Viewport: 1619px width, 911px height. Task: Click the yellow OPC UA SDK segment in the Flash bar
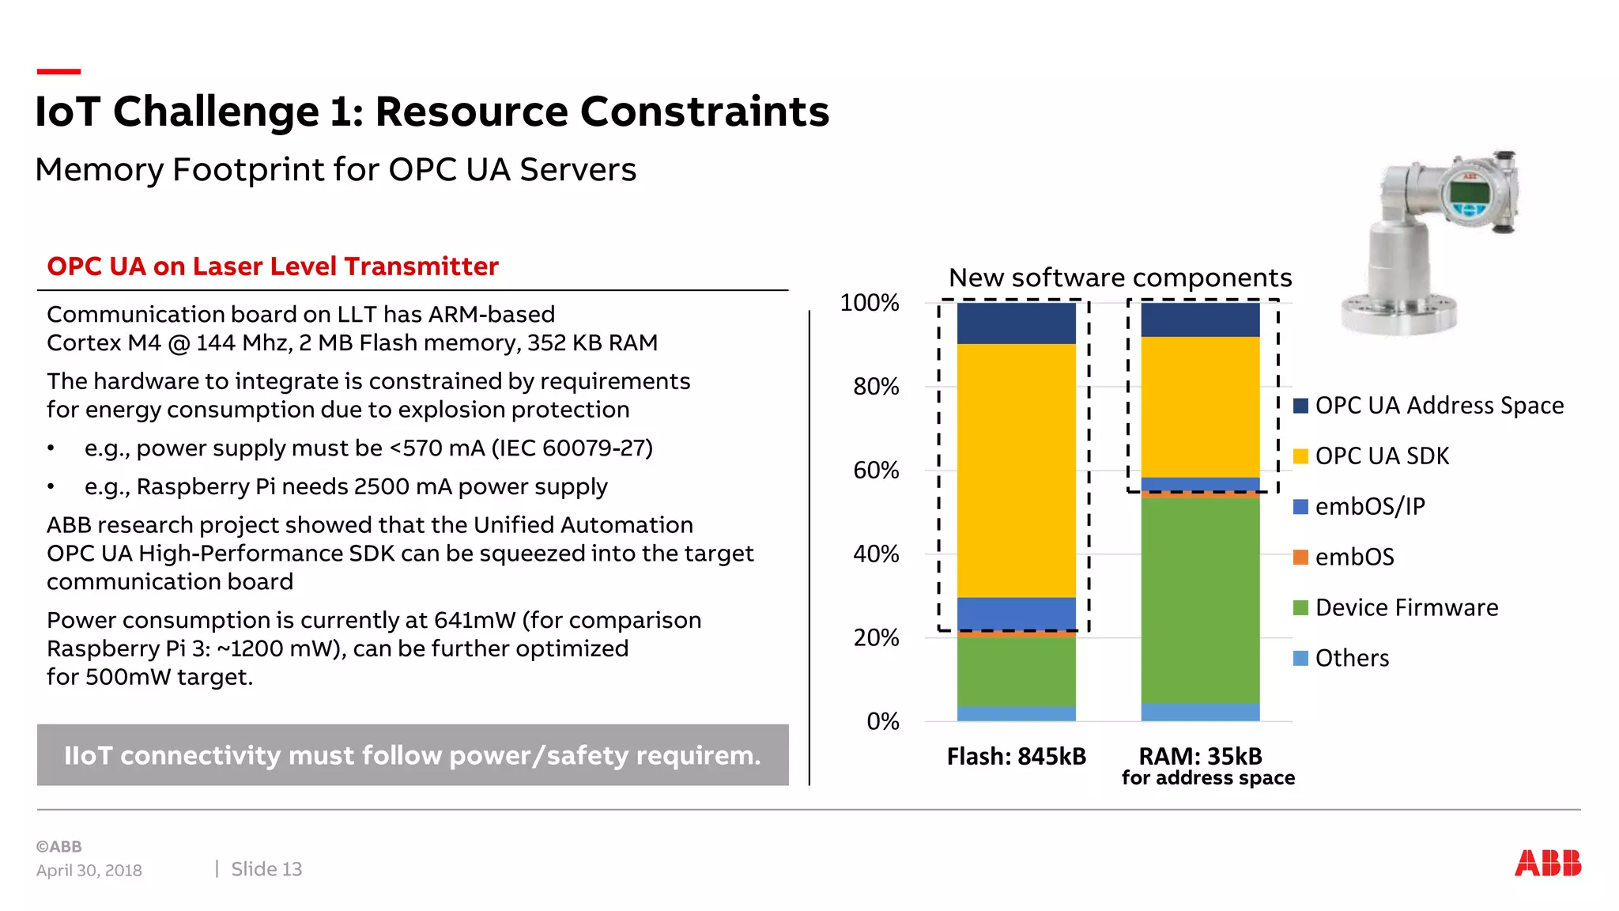coord(1016,470)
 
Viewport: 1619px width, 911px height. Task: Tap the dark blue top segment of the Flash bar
coord(1016,323)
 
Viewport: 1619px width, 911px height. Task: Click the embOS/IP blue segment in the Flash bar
coord(1016,613)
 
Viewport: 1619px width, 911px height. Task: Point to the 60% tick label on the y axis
coord(876,471)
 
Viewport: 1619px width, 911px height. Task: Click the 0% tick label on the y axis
coord(882,721)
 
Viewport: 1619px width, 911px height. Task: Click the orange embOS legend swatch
coord(1300,557)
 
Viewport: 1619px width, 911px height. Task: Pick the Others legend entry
coord(1351,658)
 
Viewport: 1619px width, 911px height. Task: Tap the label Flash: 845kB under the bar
coord(1016,757)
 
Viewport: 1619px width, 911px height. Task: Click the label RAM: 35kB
coord(1200,757)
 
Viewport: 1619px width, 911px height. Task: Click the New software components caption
coord(1119,278)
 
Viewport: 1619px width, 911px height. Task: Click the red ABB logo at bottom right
coord(1547,863)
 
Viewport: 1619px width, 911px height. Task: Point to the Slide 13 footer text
coord(266,869)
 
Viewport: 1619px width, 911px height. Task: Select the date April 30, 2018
coord(89,871)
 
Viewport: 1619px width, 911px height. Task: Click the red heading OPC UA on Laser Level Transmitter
coord(273,266)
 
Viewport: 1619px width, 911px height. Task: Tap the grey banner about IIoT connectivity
coord(412,755)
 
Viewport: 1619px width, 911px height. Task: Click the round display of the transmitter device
coord(1469,193)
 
